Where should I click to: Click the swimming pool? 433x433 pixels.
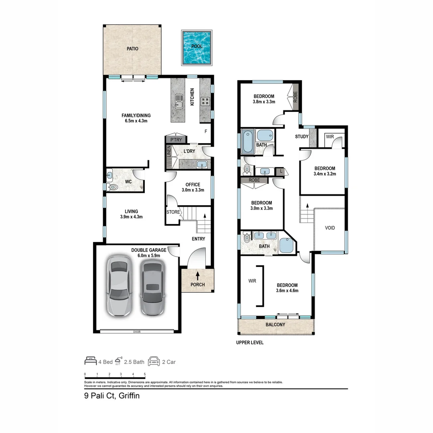click(x=196, y=48)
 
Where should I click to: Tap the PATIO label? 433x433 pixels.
click(x=132, y=49)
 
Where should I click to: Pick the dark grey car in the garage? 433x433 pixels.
click(x=152, y=288)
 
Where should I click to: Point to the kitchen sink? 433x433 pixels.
click(x=179, y=101)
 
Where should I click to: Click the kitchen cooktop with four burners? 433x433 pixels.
click(x=205, y=101)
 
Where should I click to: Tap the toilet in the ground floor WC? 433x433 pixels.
click(x=113, y=186)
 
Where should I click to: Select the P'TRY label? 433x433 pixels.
click(x=176, y=140)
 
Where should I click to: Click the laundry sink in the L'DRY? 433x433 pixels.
click(x=202, y=164)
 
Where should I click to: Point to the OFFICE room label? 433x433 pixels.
click(x=193, y=184)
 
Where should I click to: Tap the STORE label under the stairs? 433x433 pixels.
click(x=173, y=212)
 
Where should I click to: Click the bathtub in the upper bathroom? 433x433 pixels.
click(x=247, y=141)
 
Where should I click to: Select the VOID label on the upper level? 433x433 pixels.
click(x=330, y=228)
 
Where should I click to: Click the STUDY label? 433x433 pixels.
click(x=302, y=137)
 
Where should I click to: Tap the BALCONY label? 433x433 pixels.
click(x=275, y=324)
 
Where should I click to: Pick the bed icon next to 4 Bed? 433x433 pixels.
click(x=90, y=361)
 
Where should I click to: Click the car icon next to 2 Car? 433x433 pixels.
click(x=154, y=361)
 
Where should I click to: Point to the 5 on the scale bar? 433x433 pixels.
click(x=145, y=374)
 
